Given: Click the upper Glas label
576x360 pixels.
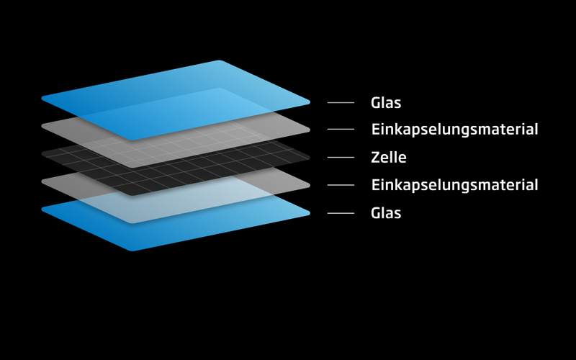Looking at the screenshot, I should click(386, 103).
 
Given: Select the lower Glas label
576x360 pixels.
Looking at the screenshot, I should click(386, 213).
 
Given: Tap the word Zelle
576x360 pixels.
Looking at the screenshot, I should click(389, 157).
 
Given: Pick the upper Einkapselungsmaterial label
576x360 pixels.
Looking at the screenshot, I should click(454, 130).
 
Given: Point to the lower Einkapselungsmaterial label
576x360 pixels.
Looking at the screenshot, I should click(454, 185).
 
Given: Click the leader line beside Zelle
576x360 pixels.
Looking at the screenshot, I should click(341, 157).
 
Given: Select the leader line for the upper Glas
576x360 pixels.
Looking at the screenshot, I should click(341, 103).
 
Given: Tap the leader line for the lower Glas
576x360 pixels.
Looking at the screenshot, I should click(341, 213).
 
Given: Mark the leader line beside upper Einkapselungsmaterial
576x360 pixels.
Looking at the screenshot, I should click(341, 130).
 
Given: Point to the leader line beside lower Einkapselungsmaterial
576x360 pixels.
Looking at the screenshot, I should click(341, 185).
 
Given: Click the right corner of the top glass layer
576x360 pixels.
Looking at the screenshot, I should click(307, 102).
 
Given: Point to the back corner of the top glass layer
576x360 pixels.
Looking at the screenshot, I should click(218, 62).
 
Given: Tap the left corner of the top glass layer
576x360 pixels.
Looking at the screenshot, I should click(44, 98).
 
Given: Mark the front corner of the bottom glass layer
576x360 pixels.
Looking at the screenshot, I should click(132, 249).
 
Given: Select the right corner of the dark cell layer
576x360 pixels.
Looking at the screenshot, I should click(307, 157).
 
